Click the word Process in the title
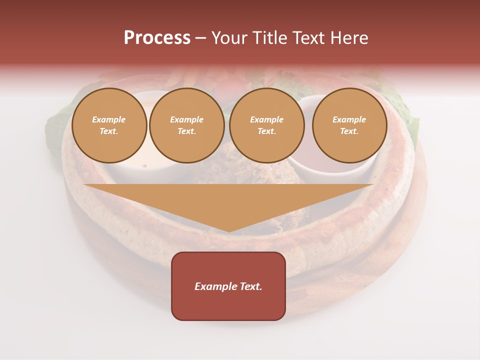point(157,38)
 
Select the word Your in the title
point(229,38)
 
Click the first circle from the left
point(109,125)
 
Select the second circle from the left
point(187,125)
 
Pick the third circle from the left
point(267,125)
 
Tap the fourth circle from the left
point(349,125)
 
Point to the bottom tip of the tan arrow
point(228,231)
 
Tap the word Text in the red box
point(249,286)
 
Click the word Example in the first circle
point(109,119)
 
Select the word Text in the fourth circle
point(349,131)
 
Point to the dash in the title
point(200,38)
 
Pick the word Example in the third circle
point(266,119)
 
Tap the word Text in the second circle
point(186,131)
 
